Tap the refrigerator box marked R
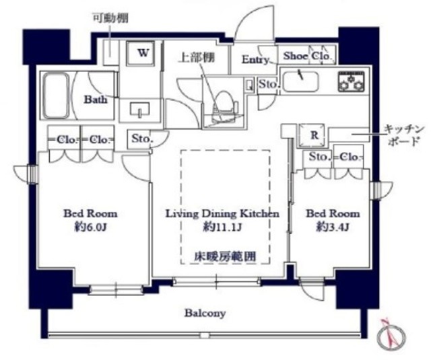[313, 134]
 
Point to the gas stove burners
[350, 82]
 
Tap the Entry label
[255, 59]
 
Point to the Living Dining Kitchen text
[222, 213]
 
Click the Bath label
[95, 99]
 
